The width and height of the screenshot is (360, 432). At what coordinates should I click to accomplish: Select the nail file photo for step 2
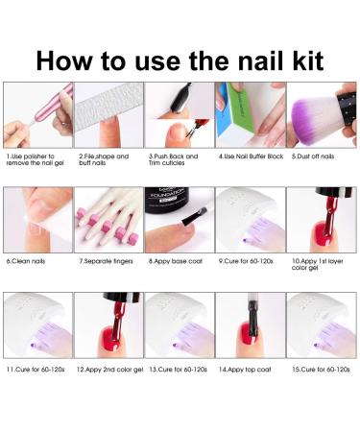pos(108,114)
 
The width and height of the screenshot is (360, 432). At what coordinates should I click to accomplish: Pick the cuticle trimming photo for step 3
pos(179,114)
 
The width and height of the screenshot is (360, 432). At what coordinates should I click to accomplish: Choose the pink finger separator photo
pos(108,220)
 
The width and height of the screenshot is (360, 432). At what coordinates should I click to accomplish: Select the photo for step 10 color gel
pos(321,220)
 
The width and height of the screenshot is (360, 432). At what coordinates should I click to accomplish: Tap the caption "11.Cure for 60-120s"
pos(36,368)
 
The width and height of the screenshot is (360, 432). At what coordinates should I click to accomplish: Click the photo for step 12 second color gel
pos(108,325)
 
